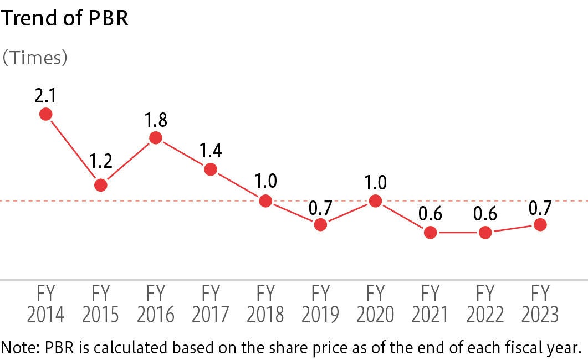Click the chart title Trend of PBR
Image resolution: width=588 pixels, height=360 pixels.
click(64, 19)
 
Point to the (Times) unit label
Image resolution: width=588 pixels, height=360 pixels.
click(34, 58)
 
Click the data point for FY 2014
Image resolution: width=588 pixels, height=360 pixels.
click(46, 114)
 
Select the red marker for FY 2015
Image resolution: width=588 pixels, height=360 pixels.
click(100, 185)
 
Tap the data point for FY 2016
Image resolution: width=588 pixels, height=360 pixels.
click(156, 138)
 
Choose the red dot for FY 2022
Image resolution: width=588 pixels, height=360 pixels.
click(485, 233)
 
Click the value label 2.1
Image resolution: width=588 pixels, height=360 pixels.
click(45, 96)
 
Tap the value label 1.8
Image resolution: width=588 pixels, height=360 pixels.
click(156, 120)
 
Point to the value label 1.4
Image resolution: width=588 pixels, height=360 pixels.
click(211, 151)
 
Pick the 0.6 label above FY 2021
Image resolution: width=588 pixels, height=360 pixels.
click(431, 214)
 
